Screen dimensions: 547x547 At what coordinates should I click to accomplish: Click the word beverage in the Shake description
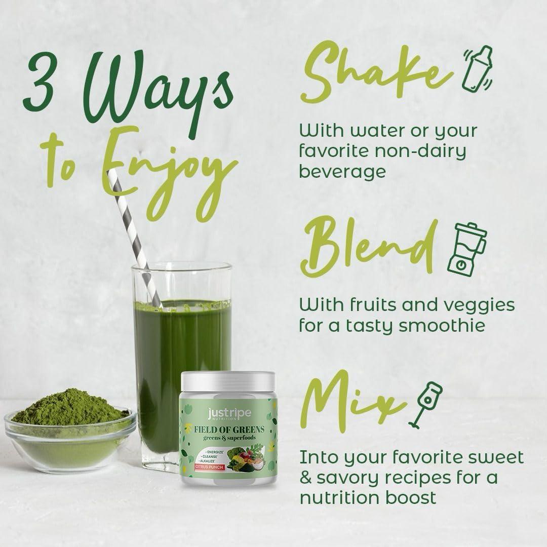(x=342, y=172)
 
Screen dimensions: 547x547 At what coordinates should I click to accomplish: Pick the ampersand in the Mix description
(x=306, y=477)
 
